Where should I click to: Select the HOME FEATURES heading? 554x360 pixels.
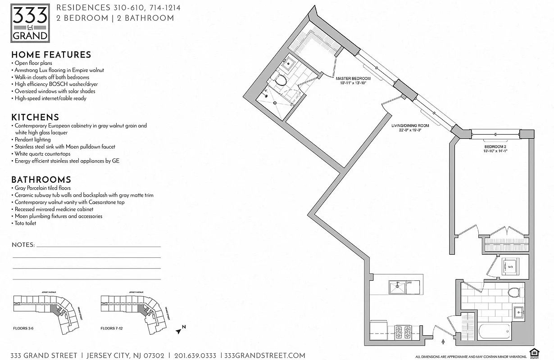tap(51, 55)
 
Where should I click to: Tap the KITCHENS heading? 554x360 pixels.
tap(35, 117)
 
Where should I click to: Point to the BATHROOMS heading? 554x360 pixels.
tap(41, 180)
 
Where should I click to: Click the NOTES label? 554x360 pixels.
tap(23, 245)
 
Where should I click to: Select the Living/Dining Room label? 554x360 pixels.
tap(410, 128)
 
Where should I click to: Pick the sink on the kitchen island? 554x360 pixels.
tap(397, 287)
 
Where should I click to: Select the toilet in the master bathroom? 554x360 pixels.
tap(279, 81)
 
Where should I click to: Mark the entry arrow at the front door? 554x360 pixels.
tap(444, 342)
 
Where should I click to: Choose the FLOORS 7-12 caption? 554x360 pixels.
tap(111, 328)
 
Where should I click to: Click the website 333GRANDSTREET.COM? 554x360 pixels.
tap(264, 355)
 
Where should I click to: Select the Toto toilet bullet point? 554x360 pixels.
tap(25, 223)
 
